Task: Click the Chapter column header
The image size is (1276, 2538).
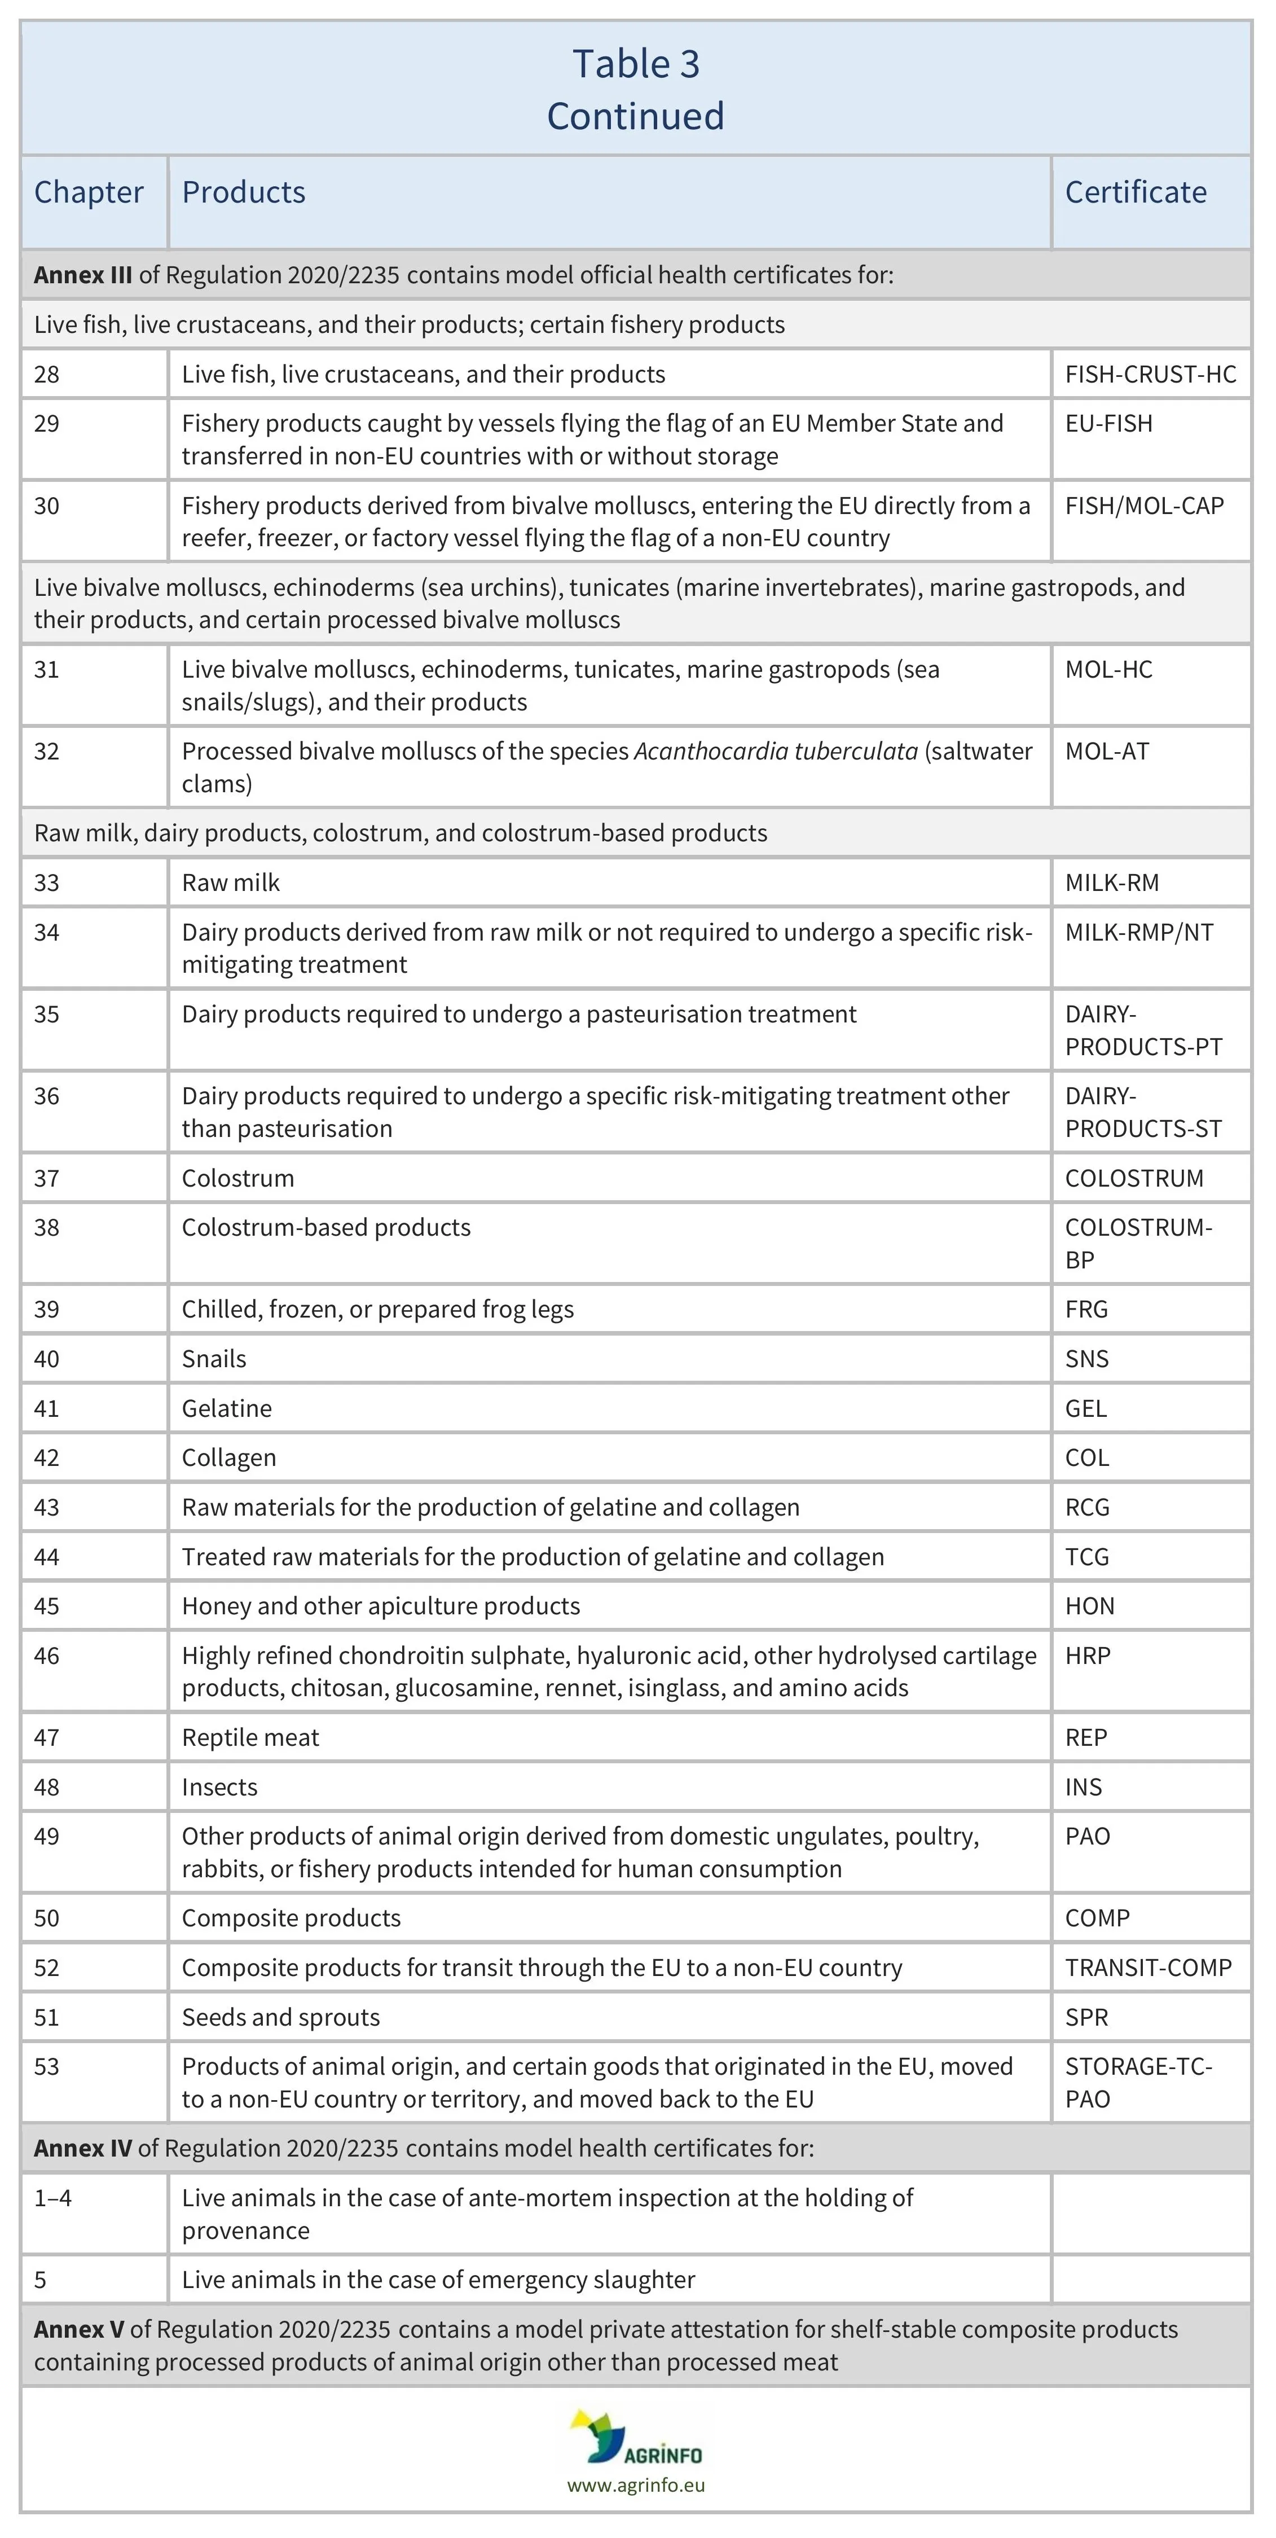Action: (89, 192)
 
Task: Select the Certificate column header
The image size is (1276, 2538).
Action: (1135, 192)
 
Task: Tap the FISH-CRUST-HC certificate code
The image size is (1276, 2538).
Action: (1150, 375)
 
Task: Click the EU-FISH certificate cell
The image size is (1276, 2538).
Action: (1108, 424)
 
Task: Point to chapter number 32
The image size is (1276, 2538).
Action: (46, 752)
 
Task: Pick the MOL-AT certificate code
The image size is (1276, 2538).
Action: (1107, 752)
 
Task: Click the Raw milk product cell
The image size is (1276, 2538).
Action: (231, 883)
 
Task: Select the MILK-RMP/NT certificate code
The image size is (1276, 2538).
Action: (1139, 932)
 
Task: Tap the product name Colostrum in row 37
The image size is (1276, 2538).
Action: (237, 1178)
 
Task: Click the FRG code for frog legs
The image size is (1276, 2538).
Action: (1086, 1310)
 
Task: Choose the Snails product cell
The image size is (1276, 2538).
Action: (214, 1359)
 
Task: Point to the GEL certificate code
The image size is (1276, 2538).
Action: (1086, 1408)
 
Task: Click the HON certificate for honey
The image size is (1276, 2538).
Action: (1089, 1606)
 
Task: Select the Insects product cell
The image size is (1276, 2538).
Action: (219, 1787)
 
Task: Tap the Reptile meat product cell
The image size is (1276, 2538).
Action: (250, 1738)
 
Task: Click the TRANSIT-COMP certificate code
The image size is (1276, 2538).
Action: (1148, 1968)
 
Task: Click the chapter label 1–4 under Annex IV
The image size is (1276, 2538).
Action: (52, 2198)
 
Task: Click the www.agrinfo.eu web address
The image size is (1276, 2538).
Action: (636, 2485)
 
